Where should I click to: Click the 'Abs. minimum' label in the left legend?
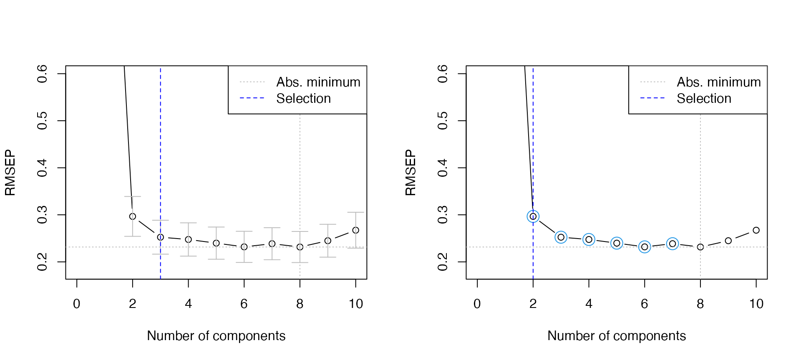(318, 82)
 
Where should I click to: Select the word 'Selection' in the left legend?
(303, 99)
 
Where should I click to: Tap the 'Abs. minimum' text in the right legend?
(718, 82)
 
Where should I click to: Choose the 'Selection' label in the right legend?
(704, 99)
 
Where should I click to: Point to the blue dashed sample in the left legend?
(252, 98)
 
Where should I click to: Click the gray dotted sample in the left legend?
(252, 82)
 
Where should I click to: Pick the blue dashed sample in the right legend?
(652, 98)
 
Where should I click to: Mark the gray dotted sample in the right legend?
(652, 82)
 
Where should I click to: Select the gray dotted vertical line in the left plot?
(300, 167)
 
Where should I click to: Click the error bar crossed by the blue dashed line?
(160, 237)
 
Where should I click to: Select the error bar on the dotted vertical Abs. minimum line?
(300, 247)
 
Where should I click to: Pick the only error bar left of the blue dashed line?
(133, 216)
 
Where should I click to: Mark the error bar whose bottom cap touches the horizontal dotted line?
(355, 230)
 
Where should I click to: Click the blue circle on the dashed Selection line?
(533, 216)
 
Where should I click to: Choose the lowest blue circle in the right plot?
(645, 247)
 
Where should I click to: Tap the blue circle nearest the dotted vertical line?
(673, 244)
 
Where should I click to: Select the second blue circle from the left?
(561, 237)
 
